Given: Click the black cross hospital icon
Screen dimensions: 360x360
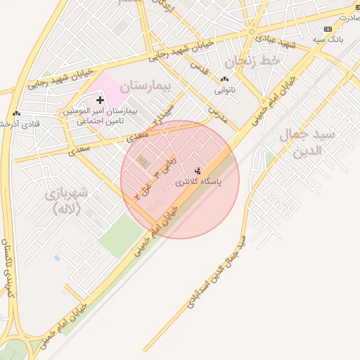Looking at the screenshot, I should point(100,101).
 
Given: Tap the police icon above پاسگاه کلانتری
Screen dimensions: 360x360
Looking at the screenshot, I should point(198,170).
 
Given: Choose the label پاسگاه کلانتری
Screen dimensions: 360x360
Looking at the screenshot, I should point(198,182).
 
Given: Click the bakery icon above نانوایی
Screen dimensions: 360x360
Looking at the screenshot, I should point(224,79).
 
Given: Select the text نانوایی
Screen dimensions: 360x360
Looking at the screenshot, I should point(224,90).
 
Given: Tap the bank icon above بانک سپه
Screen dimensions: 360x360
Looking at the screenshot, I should point(328,29).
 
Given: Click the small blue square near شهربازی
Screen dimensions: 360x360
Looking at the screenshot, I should point(57,258).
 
